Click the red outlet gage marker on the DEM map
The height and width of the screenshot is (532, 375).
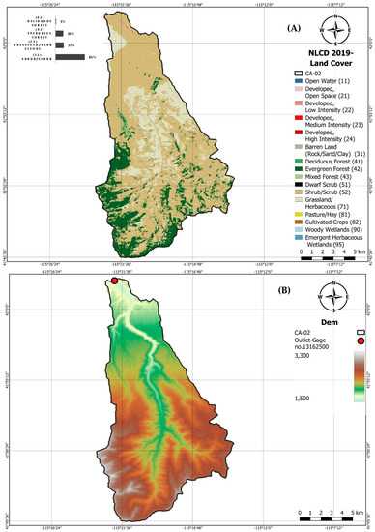[x=115, y=282]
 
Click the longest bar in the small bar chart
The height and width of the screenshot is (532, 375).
[x=72, y=58]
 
